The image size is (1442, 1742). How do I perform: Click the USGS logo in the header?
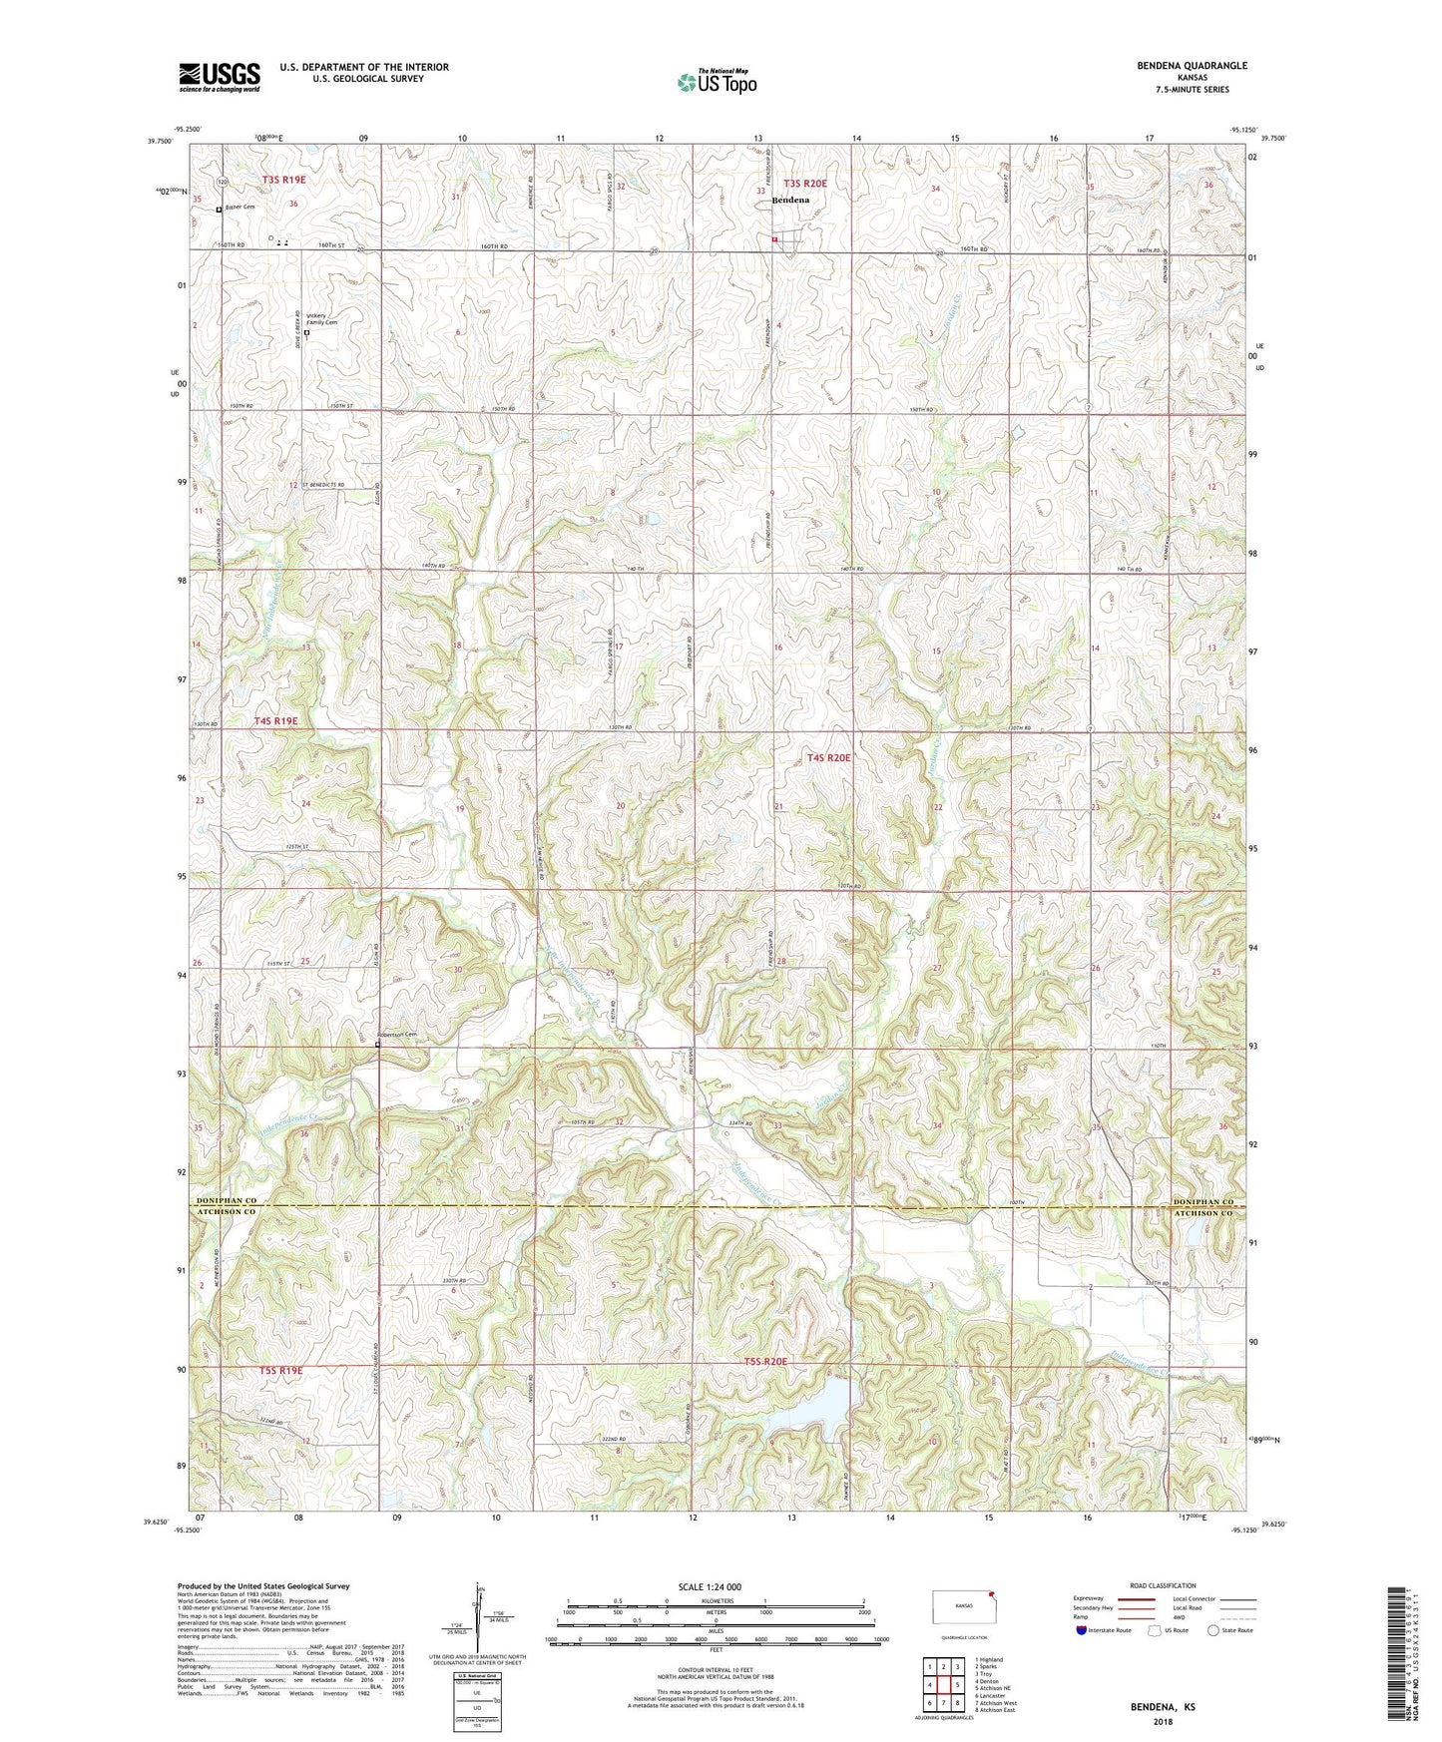click(220, 76)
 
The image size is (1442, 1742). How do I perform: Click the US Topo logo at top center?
click(717, 82)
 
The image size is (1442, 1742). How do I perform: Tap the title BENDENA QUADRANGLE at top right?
click(1192, 66)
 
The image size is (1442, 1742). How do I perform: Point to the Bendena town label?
click(790, 201)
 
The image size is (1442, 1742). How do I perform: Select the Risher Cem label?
click(240, 208)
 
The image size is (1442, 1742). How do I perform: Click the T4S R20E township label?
click(828, 758)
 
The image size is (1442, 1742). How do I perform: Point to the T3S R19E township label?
click(283, 181)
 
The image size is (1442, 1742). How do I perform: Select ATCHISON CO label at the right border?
click(1205, 1212)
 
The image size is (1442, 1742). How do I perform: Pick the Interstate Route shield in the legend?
click(1083, 1630)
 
